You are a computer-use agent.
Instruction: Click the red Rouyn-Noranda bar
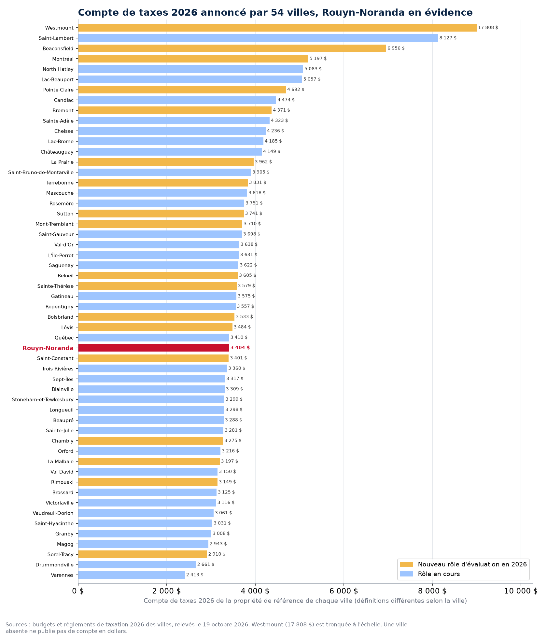click(153, 348)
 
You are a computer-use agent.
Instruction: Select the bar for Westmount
click(277, 28)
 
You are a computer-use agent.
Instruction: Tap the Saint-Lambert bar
click(258, 38)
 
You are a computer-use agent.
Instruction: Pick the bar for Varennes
click(132, 575)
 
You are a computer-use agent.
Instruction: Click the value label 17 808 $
click(488, 28)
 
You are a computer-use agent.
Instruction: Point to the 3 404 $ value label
click(240, 348)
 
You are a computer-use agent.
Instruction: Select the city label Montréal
click(63, 59)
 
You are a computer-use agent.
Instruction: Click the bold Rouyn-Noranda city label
click(48, 348)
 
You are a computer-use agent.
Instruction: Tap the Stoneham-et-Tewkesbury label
click(43, 399)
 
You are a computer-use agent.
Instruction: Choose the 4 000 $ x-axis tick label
click(255, 591)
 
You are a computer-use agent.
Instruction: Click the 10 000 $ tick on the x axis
click(521, 591)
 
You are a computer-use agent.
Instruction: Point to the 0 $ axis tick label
click(78, 591)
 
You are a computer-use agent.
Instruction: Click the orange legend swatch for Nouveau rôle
click(406, 564)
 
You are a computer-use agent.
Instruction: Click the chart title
click(275, 12)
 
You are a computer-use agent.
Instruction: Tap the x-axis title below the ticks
click(305, 601)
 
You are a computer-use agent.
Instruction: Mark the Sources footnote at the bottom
click(206, 628)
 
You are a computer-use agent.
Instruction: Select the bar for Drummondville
click(137, 564)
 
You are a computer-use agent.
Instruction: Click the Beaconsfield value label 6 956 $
click(396, 48)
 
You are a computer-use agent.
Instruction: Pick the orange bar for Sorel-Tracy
click(143, 554)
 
